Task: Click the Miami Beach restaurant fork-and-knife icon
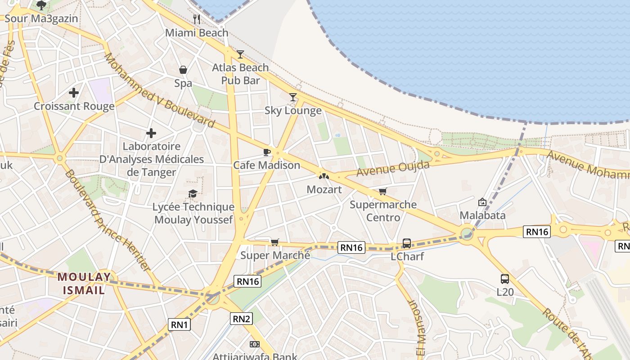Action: click(196, 19)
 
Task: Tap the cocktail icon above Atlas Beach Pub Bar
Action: click(240, 54)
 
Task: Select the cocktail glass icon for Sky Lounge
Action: click(293, 97)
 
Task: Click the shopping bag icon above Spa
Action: click(183, 70)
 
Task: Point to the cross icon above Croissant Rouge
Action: click(74, 93)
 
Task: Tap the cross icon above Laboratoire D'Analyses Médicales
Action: click(151, 133)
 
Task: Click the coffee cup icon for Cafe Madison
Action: click(266, 152)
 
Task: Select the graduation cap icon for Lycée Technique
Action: click(193, 193)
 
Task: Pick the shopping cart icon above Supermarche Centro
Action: click(383, 192)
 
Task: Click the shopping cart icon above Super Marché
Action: click(275, 242)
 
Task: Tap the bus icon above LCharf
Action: click(407, 243)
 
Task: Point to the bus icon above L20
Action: click(505, 279)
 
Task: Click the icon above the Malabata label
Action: click(482, 202)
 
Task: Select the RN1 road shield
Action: click(180, 324)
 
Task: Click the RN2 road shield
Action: click(242, 319)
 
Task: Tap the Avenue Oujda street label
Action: click(393, 168)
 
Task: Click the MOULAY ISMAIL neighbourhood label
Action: click(84, 283)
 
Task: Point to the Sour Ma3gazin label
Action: click(41, 18)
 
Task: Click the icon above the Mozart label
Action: click(324, 176)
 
